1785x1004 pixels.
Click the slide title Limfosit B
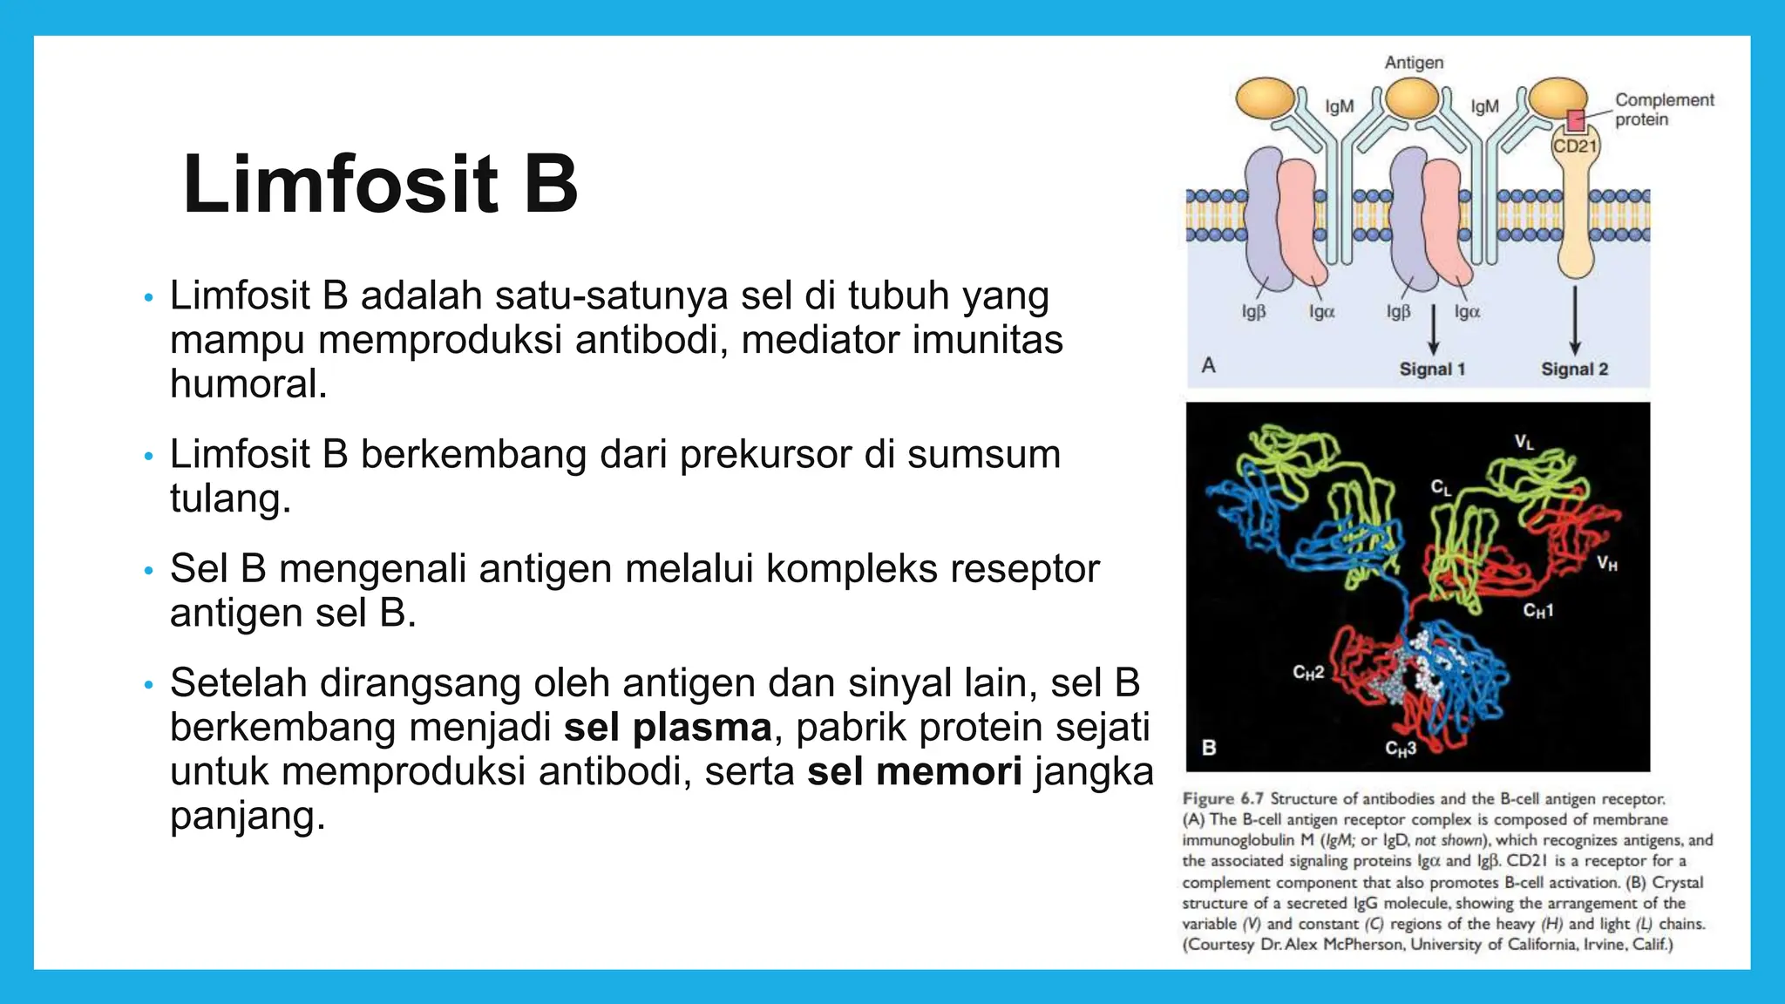pyautogui.click(x=381, y=185)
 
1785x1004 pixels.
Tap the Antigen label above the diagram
pyautogui.click(x=1414, y=63)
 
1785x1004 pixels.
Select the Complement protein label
pyautogui.click(x=1663, y=110)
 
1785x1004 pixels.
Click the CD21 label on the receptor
pyautogui.click(x=1574, y=146)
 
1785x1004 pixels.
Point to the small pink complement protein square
pyautogui.click(x=1575, y=120)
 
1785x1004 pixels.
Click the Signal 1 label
pyautogui.click(x=1432, y=369)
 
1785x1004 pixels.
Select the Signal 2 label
pyautogui.click(x=1574, y=369)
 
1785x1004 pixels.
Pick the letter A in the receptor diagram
pyautogui.click(x=1208, y=365)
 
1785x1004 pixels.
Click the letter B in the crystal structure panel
pyautogui.click(x=1209, y=747)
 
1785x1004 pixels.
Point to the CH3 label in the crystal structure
pyautogui.click(x=1401, y=749)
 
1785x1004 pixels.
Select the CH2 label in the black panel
pyautogui.click(x=1307, y=672)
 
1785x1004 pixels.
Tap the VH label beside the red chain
pyautogui.click(x=1606, y=564)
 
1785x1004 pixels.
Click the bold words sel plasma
pyautogui.click(x=668, y=728)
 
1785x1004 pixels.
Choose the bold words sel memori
pyautogui.click(x=913, y=772)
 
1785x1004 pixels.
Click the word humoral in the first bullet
pyautogui.click(x=248, y=384)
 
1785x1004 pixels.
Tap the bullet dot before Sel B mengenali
pyautogui.click(x=148, y=571)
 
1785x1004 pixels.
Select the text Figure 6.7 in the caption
pyautogui.click(x=1222, y=798)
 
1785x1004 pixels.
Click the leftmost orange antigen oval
pyautogui.click(x=1266, y=98)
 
